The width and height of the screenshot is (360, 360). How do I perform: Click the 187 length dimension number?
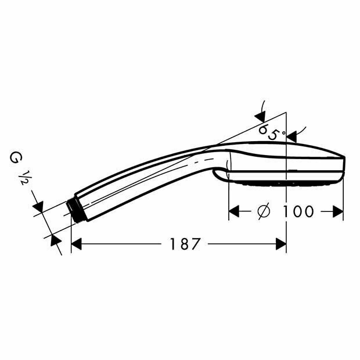185,244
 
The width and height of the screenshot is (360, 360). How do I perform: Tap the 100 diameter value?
297,211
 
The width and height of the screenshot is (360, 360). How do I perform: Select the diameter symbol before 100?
264,211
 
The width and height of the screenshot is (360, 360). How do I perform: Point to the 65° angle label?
270,132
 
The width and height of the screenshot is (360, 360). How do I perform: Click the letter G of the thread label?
15,158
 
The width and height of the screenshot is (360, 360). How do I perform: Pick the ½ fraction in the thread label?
24,178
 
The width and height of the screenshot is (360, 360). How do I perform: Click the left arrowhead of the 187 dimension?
77,244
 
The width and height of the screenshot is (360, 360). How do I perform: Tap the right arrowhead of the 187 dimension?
281,244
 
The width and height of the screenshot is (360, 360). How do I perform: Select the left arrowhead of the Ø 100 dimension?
234,211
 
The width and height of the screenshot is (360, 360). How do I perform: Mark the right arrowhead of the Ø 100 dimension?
338,211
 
